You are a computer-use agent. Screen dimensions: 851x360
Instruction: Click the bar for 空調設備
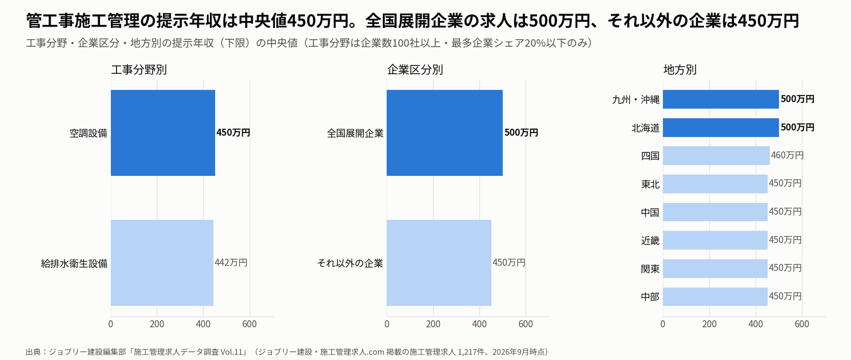(x=163, y=133)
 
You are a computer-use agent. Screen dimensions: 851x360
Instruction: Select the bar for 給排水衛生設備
(x=162, y=263)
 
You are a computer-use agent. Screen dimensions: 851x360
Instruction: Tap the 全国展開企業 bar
(x=445, y=133)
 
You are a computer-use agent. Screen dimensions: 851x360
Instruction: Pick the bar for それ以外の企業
(x=439, y=263)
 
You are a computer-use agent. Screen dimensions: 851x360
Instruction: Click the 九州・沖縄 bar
(x=721, y=99)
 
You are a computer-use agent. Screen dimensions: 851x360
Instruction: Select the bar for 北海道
(x=721, y=127)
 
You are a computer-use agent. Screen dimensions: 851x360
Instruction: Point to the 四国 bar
(x=716, y=156)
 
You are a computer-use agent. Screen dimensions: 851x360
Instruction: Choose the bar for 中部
(x=715, y=297)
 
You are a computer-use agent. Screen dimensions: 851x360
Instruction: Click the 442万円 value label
(x=231, y=263)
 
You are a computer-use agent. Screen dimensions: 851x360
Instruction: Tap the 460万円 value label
(x=787, y=155)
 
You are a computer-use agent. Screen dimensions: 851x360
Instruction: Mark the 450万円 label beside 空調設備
(x=233, y=133)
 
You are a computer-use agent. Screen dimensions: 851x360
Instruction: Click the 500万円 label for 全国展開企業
(x=521, y=133)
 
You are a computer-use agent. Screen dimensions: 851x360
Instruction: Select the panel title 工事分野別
(x=139, y=70)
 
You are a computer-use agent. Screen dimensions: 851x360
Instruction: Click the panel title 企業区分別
(x=415, y=70)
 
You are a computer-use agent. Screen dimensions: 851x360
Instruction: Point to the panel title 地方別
(x=680, y=70)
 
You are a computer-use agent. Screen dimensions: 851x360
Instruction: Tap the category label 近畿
(x=650, y=240)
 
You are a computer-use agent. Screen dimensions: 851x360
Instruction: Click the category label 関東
(x=650, y=269)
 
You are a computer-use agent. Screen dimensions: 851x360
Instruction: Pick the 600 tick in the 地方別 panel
(x=802, y=324)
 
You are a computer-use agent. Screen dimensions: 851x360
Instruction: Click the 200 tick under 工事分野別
(x=157, y=324)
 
